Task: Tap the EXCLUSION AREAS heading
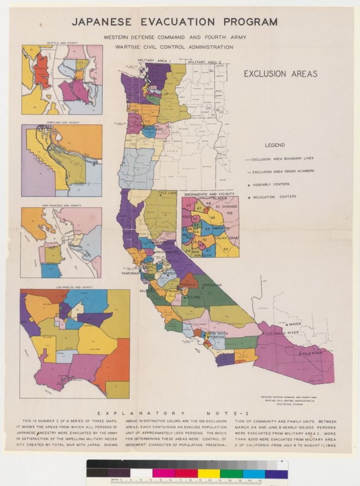coord(281,74)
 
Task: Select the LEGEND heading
coord(275,145)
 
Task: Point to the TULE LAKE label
coord(167,193)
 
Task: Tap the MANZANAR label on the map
coord(212,285)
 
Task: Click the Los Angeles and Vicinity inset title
coord(62,287)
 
